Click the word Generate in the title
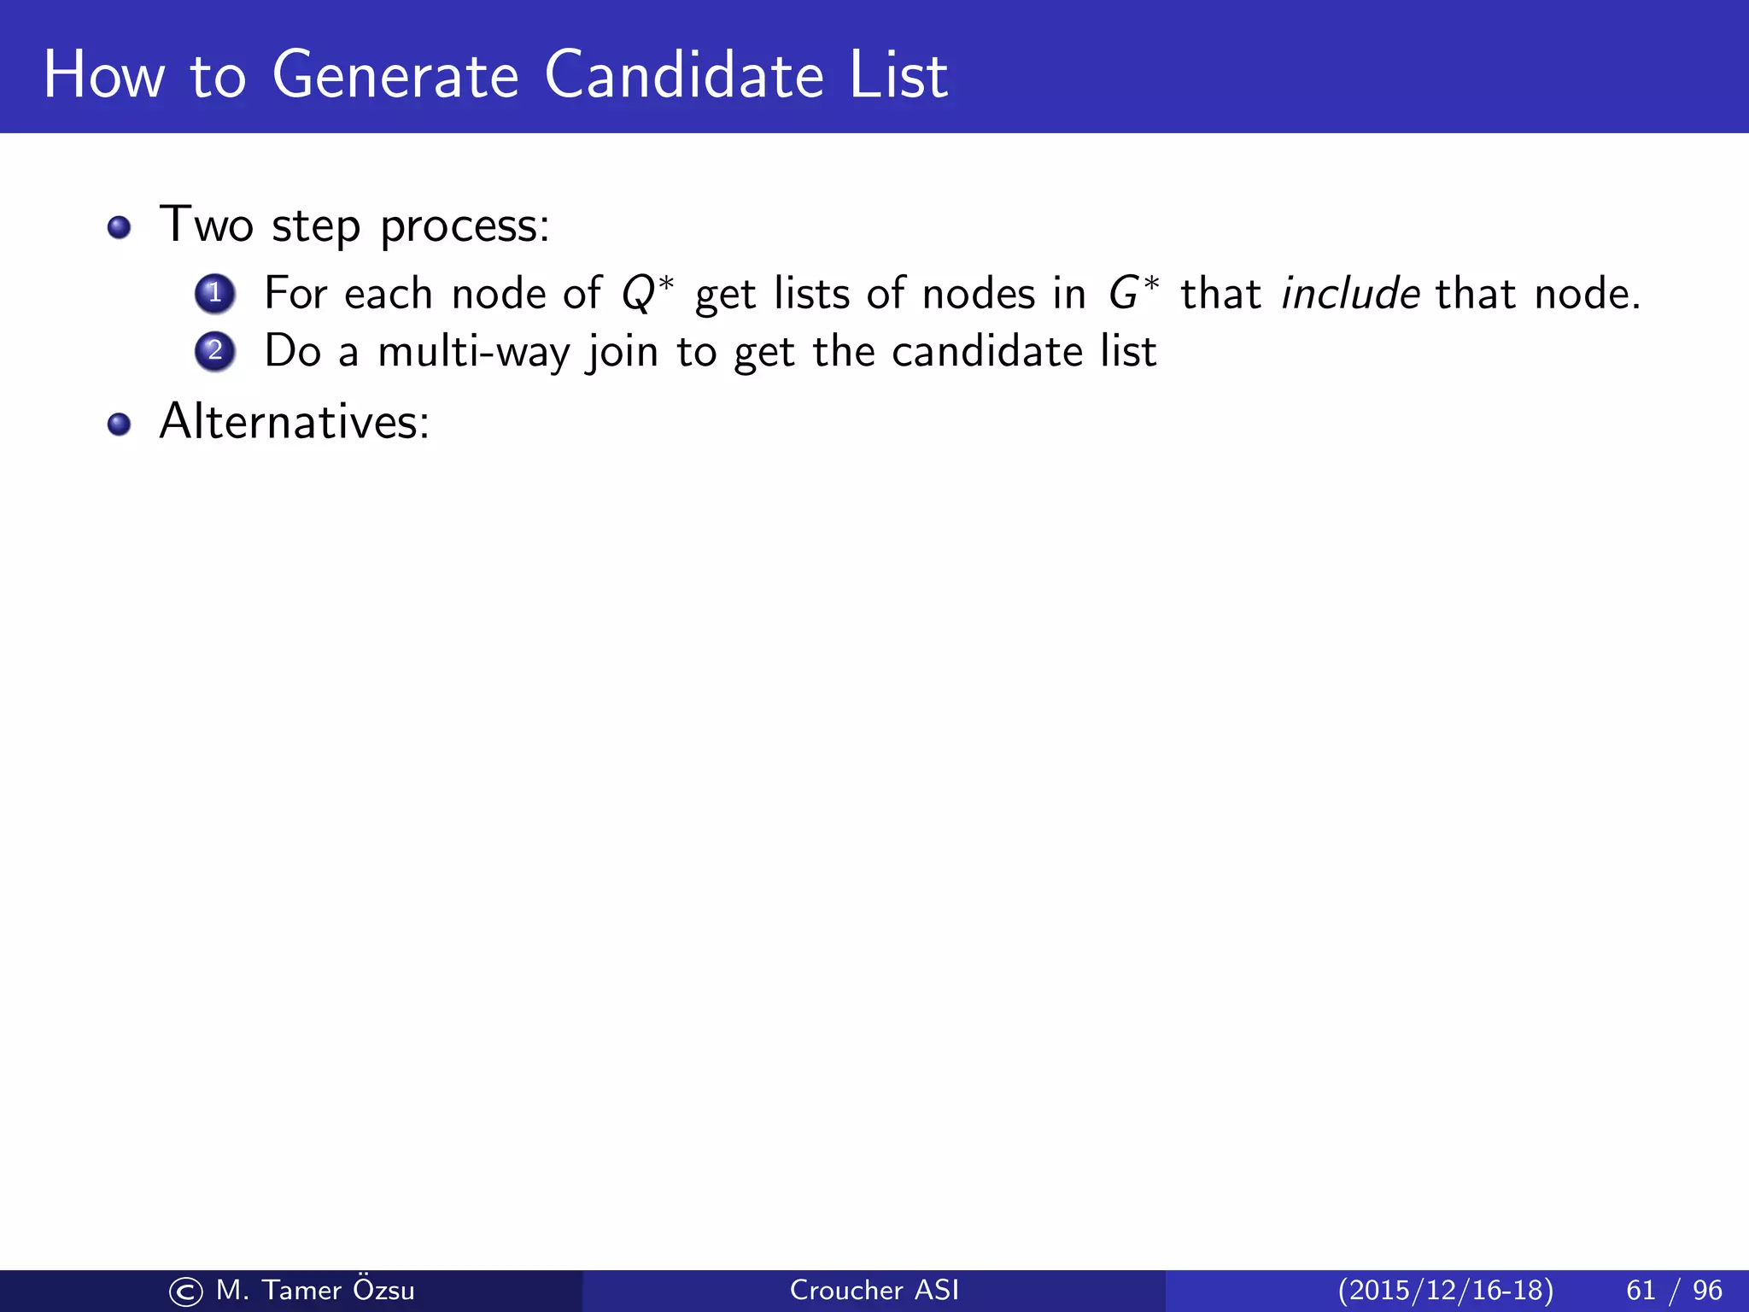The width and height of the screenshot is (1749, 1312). (x=395, y=75)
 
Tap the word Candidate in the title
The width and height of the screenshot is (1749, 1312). (x=684, y=75)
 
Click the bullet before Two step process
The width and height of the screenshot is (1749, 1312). (x=120, y=227)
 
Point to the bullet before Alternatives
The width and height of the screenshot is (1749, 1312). (x=120, y=424)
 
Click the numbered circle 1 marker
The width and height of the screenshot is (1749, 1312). (x=215, y=294)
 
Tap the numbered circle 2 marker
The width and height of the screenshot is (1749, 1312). (x=215, y=351)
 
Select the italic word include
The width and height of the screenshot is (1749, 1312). (x=1350, y=294)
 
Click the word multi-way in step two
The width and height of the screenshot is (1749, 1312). (x=473, y=352)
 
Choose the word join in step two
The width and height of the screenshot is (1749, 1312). (x=622, y=352)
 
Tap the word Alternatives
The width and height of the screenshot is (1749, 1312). (x=295, y=422)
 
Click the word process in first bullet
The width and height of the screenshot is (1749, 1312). (x=465, y=227)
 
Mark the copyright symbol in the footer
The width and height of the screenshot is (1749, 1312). (x=186, y=1291)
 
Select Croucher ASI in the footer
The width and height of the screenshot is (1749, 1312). (x=874, y=1290)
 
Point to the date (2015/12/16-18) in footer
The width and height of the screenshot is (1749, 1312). (x=1445, y=1290)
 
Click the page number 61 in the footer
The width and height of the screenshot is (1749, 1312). (x=1641, y=1290)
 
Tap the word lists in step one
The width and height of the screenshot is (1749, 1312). (x=811, y=294)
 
